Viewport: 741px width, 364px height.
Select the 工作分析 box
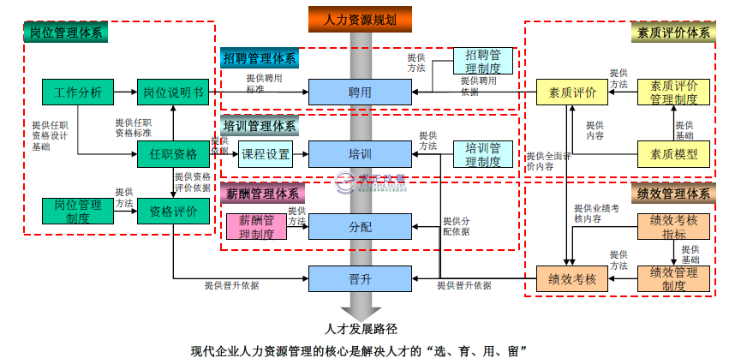78,92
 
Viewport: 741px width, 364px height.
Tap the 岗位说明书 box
173,92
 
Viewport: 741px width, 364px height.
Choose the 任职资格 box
173,154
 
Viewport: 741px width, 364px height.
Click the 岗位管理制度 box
78,211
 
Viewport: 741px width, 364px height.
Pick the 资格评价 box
173,211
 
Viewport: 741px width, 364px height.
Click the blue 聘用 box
361,92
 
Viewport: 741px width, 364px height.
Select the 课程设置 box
265,154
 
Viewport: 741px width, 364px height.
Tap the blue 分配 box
361,226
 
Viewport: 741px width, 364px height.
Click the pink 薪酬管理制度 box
256,226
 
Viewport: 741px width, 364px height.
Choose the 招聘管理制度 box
483,62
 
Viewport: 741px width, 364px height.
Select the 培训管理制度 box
483,154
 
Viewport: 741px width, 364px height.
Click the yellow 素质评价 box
566,92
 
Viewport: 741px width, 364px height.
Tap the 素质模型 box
674,154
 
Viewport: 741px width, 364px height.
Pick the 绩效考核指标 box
674,226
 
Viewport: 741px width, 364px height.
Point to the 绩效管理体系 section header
674,194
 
